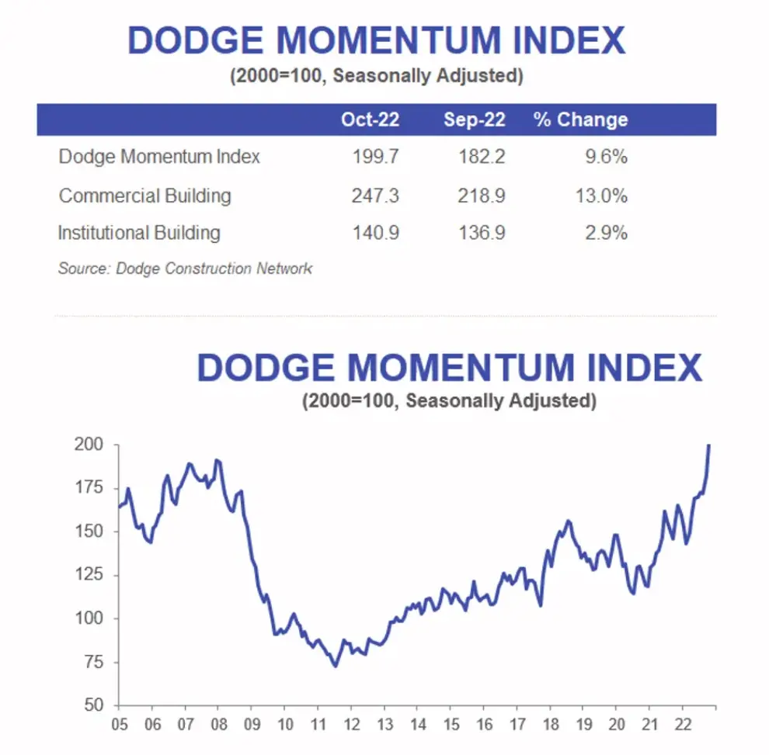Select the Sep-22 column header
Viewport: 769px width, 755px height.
[x=474, y=120]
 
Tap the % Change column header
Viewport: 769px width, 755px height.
[x=580, y=120]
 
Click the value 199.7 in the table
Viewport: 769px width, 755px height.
[x=375, y=157]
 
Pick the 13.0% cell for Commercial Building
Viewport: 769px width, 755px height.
[x=601, y=195]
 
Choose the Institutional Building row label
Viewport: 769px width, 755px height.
[x=139, y=232]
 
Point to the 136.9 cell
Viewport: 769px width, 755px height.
[x=481, y=232]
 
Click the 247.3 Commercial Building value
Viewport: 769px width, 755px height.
[x=375, y=195]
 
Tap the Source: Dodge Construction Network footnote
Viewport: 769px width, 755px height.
[x=185, y=268]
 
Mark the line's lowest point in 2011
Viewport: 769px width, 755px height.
[x=335, y=666]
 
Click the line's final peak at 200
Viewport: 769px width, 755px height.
[x=709, y=445]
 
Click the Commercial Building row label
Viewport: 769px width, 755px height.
[x=144, y=195]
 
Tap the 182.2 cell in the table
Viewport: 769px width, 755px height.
[x=481, y=157]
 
